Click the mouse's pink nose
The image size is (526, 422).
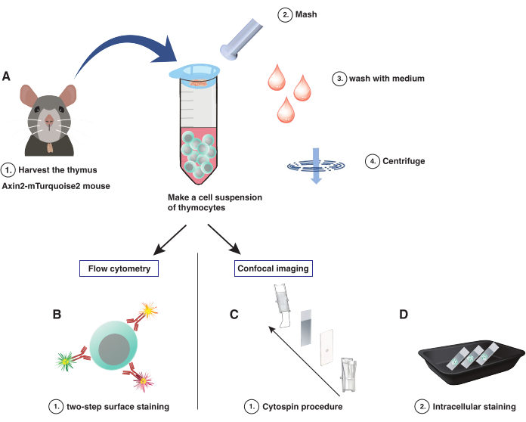click(49, 119)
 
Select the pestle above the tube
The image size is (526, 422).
click(241, 39)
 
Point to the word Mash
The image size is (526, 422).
click(306, 14)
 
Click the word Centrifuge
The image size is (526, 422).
click(404, 161)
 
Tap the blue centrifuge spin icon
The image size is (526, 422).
click(316, 166)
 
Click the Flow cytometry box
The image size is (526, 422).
click(119, 268)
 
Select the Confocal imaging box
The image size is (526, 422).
click(274, 268)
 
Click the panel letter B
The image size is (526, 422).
click(57, 315)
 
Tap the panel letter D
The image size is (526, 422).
click(404, 315)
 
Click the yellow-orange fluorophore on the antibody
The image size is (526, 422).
click(149, 311)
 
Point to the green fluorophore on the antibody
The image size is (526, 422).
click(65, 361)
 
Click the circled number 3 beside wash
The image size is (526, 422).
click(339, 79)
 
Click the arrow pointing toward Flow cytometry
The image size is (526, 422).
click(170, 240)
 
